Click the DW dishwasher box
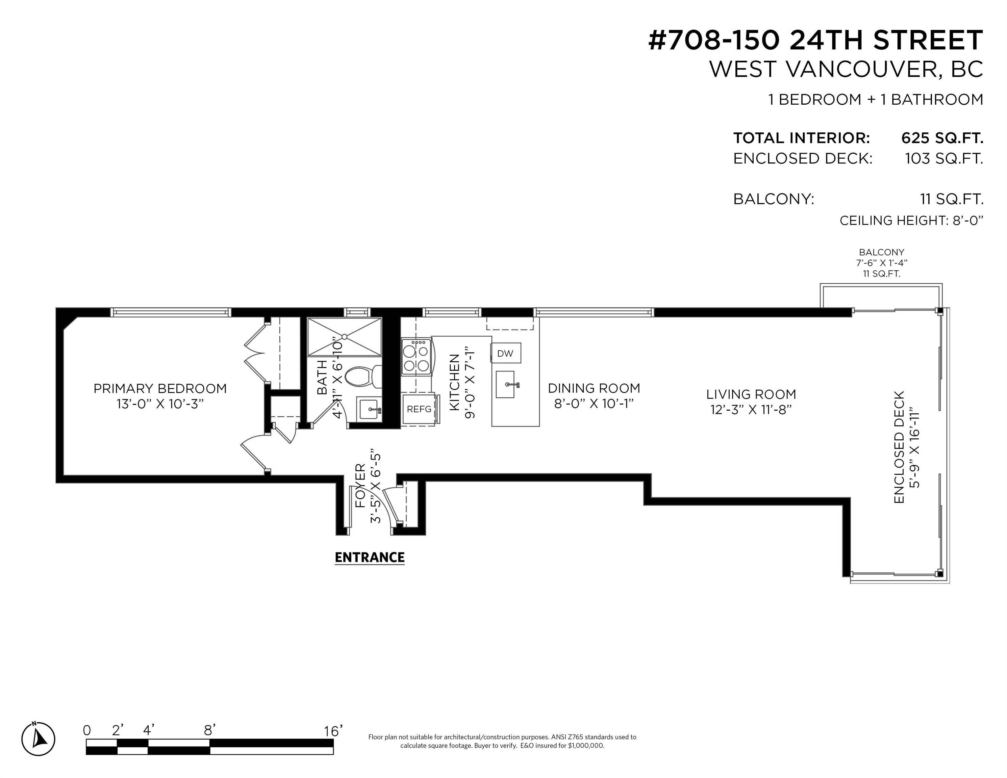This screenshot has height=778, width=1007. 505,354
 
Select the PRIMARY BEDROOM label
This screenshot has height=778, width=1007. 160,389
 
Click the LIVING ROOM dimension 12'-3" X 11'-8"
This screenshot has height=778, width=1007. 751,409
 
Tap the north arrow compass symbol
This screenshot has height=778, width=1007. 39,739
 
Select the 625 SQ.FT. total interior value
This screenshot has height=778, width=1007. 942,138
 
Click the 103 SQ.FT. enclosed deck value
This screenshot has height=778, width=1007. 944,159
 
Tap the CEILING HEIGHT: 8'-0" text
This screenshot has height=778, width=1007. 911,221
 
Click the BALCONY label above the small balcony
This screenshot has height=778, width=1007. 881,252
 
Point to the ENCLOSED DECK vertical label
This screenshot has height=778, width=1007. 899,447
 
